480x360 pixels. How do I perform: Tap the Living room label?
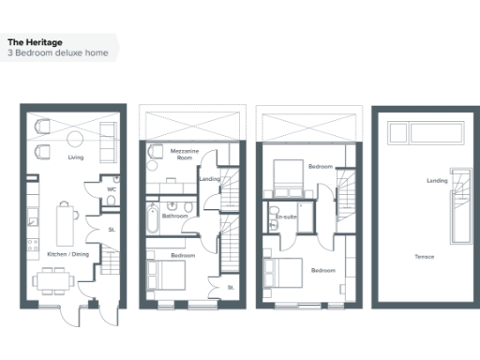tap(76, 157)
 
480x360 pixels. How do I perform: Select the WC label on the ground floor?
tap(112, 189)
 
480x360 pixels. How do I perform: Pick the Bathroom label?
tap(174, 217)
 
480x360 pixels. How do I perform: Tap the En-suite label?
tap(285, 217)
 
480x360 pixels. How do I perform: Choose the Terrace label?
tap(425, 256)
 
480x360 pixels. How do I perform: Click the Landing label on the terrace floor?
tap(436, 180)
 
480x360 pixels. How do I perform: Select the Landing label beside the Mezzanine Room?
tap(210, 178)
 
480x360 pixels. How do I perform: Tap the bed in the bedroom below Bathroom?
tap(169, 276)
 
